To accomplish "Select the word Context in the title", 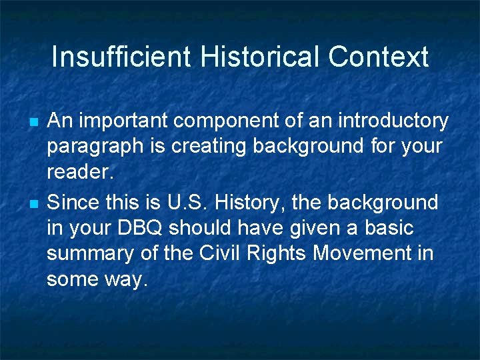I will coord(378,57).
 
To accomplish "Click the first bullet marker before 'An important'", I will coord(33,123).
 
